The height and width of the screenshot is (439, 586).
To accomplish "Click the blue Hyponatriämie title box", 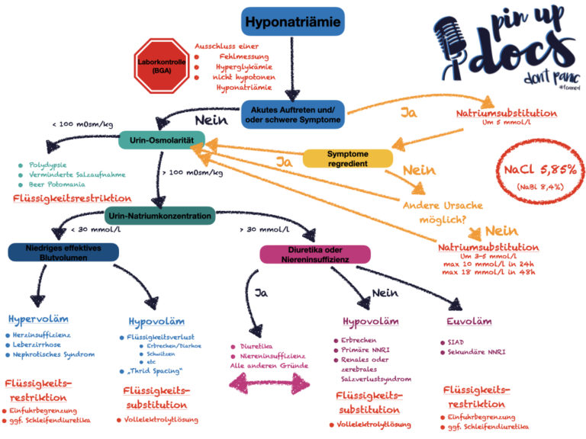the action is coord(293,21).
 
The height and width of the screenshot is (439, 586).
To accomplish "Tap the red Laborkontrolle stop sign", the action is coord(162,66).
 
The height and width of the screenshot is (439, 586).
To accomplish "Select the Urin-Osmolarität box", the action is coord(162,140).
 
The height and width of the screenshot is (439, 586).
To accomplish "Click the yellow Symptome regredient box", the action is coord(348,159).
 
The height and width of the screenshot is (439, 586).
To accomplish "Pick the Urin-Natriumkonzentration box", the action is coord(160,216).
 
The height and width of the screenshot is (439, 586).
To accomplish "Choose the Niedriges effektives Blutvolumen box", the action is coord(63,253).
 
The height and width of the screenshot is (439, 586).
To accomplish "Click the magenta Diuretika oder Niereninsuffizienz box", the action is coord(315,255).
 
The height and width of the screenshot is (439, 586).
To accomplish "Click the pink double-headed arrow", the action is coord(269,384).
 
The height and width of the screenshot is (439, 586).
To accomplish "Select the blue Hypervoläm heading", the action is coord(38,319).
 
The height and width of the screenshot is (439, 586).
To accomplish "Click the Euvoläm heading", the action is coord(469,322).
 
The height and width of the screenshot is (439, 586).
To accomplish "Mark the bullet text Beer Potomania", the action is coord(56,184).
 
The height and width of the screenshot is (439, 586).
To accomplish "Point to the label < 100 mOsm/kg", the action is coord(82,124).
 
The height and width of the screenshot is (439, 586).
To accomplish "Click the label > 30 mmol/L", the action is coord(265,229).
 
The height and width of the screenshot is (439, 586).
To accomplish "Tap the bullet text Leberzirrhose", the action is coord(37,344).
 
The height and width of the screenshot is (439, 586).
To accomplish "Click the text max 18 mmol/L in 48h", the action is coord(488,272).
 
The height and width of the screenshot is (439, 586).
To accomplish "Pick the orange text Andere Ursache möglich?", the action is coord(443,213).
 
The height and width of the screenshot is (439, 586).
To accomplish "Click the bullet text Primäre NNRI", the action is coord(365,350).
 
